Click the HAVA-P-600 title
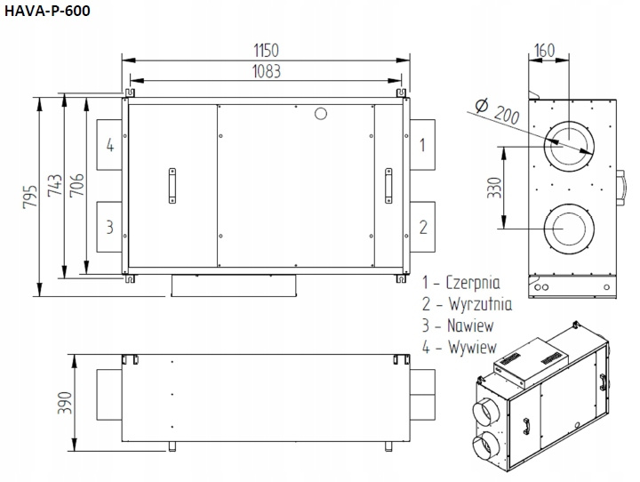coord(47,11)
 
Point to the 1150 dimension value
coord(266,51)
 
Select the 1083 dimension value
coord(267,71)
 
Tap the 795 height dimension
coord(30,197)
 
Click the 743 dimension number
coord(55,186)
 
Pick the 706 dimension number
coord(76,186)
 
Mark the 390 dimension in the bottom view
coord(65,403)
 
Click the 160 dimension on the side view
coord(545,51)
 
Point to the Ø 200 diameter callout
coord(498,111)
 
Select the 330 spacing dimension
coord(494,188)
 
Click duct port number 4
coord(110,145)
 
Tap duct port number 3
coord(110,227)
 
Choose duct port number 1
coord(422,145)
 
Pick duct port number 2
coord(423,227)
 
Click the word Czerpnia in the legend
coord(473,283)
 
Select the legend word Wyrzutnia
coord(480,304)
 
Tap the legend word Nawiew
coord(470,325)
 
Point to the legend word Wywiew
coord(472,347)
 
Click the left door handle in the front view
coord(172,186)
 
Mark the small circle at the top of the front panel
coord(321,114)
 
